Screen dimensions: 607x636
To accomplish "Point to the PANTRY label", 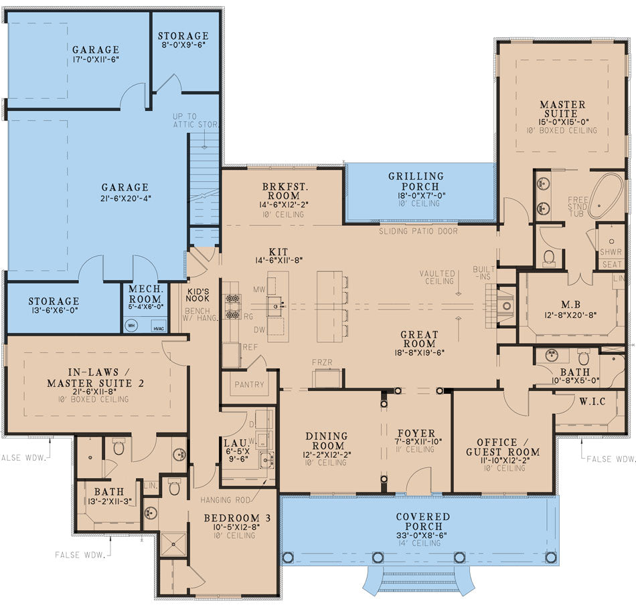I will (x=248, y=385).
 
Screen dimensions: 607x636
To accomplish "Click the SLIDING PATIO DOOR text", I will (x=418, y=231).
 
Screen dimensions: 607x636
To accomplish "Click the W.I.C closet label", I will (x=582, y=401).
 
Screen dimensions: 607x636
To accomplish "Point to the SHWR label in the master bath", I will (x=611, y=252).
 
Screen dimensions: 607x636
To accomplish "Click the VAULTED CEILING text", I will (x=438, y=277).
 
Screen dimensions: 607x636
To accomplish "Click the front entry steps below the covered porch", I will (x=418, y=578).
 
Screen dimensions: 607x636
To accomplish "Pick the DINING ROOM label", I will (x=326, y=441).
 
